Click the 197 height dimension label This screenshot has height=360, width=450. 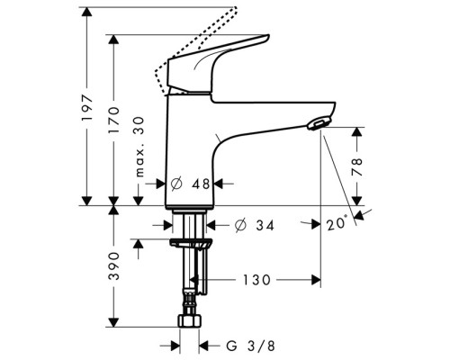87,108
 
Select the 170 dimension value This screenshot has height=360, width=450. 113,120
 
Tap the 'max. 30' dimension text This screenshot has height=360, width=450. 139,147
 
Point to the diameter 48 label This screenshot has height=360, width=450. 190,184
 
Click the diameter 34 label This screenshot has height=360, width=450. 255,225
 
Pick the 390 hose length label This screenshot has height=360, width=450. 113,266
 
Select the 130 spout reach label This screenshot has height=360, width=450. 256,280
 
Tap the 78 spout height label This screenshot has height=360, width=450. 357,166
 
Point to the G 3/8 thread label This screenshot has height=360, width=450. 250,346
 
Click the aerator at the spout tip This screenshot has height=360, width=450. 319,123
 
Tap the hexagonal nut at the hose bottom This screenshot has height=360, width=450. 190,320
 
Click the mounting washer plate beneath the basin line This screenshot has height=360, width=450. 191,243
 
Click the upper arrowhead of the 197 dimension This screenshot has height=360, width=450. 87,12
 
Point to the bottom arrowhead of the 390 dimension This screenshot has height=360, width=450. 113,322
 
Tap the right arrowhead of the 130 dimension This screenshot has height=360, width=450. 316,280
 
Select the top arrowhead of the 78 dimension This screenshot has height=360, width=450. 357,132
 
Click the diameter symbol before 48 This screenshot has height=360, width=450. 176,184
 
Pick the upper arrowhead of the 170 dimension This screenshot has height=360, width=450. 113,40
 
